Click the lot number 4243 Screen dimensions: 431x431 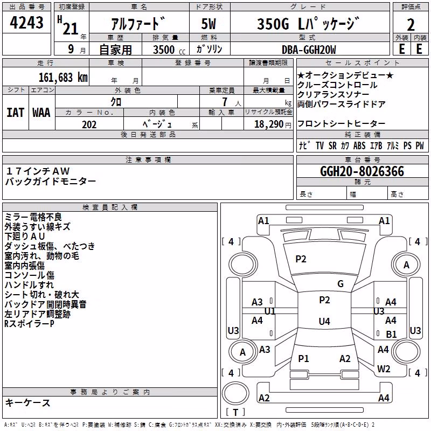point(26,23)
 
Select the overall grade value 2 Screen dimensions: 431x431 point(411,25)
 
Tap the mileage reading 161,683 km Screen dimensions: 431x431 point(63,78)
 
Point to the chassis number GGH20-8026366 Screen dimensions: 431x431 point(362,171)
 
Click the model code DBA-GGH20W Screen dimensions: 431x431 point(309,50)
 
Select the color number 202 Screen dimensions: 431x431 point(89,124)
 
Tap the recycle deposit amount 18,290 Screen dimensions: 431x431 point(269,124)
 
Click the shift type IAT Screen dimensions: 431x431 point(15,113)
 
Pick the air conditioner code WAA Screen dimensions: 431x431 point(41,113)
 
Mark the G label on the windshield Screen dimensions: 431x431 point(340,284)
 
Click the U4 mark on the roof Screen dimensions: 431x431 point(324,321)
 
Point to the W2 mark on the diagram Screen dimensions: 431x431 point(384,369)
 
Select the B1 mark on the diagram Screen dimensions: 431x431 point(391,334)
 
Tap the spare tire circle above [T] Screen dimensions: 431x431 point(235,393)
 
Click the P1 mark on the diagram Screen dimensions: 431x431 point(303,358)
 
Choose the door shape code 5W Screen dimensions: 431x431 point(208,24)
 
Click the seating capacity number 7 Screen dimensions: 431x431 point(225,102)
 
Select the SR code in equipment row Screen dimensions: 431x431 point(332,145)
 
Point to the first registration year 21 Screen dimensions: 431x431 point(71,29)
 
